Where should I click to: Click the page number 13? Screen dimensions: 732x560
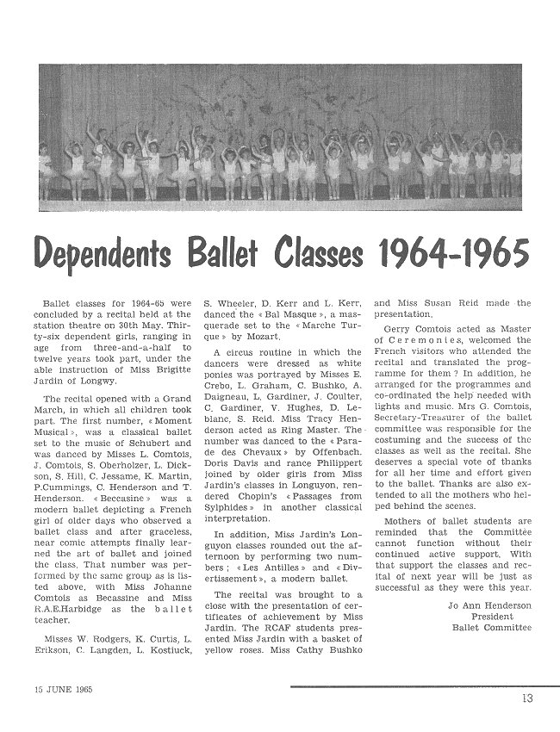click(x=526, y=698)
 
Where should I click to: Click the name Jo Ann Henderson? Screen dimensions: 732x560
click(x=491, y=605)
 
